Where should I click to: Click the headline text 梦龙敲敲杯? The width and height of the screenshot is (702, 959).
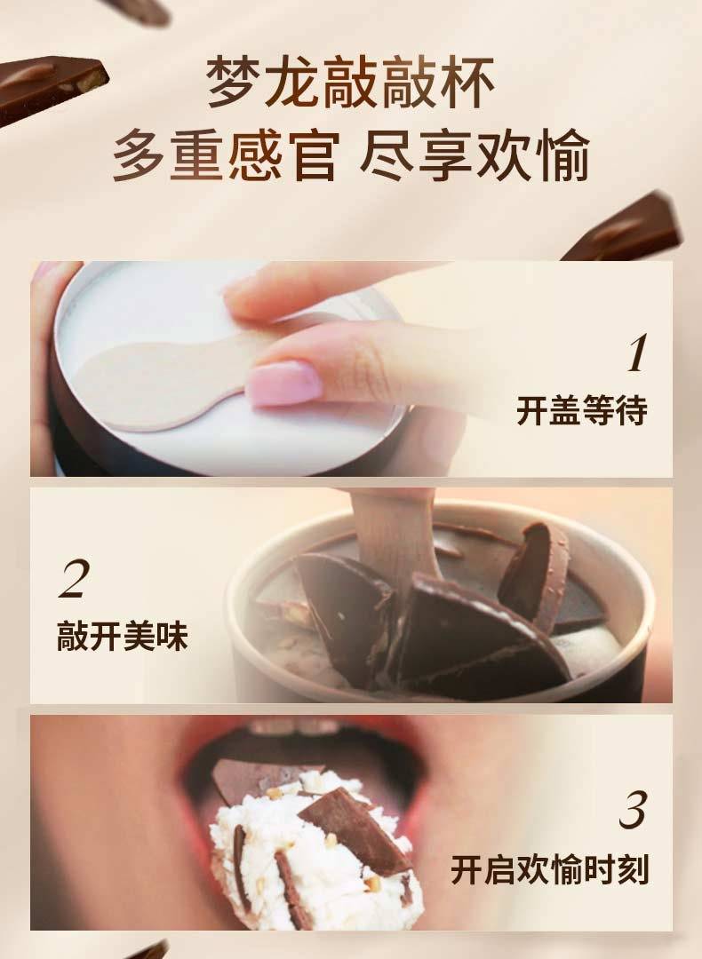[x=349, y=82]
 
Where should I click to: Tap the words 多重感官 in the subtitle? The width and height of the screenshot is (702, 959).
[x=225, y=155]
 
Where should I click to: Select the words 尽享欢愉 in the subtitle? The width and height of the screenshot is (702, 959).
[x=475, y=155]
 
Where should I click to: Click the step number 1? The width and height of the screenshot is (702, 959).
[x=636, y=353]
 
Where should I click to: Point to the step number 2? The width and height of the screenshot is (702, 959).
[x=74, y=579]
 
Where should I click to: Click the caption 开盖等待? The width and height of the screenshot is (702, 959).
[x=581, y=409]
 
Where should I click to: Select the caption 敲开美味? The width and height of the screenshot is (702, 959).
[x=123, y=636]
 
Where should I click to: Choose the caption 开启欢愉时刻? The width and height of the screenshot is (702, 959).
[x=549, y=869]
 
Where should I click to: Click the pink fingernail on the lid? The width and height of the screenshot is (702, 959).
[x=283, y=383]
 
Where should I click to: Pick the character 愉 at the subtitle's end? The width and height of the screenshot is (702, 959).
[x=563, y=155]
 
